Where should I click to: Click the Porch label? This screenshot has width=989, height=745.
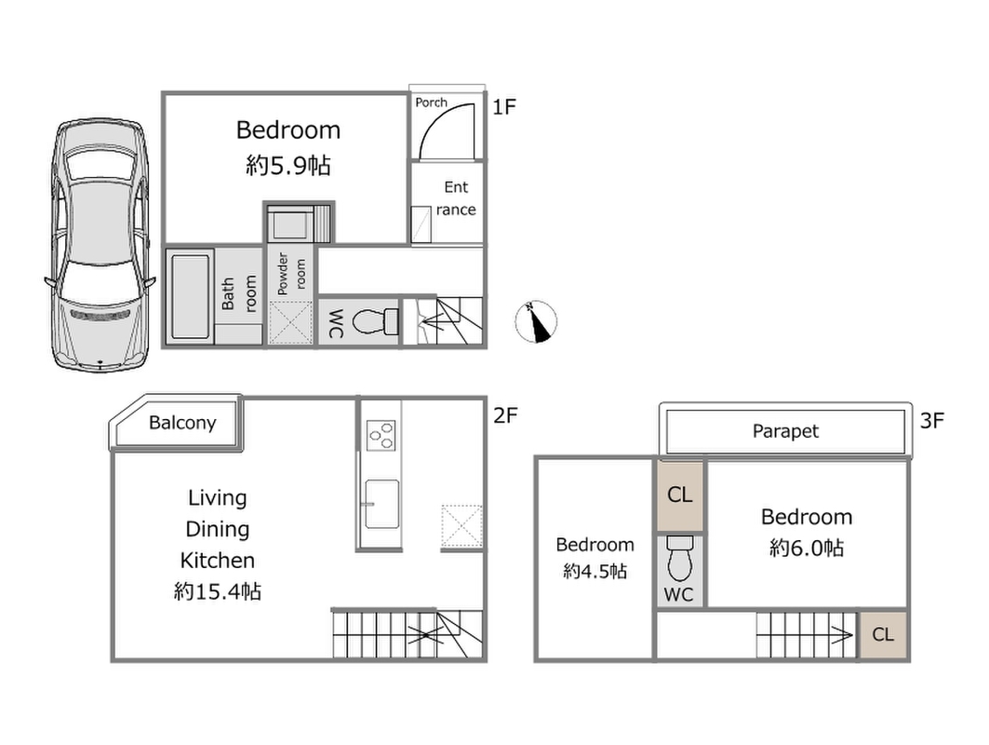coord(431,102)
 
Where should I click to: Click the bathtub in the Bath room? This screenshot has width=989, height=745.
coord(190,296)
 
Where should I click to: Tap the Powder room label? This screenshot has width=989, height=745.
coord(291,274)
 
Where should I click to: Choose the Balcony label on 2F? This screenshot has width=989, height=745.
coord(182,423)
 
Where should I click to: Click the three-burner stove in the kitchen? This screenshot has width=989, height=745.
coord(381,435)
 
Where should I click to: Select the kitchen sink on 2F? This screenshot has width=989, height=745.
coord(381,504)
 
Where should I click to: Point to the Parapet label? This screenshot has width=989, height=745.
coord(785,431)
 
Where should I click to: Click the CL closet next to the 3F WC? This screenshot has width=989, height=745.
coord(680,495)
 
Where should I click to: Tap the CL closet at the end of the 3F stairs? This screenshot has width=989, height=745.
coord(883,634)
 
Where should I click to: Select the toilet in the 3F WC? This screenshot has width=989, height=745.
coord(680,559)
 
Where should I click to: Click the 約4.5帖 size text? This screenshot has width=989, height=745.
coord(595,572)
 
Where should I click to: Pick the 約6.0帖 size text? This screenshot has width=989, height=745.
coord(807,548)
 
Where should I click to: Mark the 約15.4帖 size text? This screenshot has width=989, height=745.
coord(217,591)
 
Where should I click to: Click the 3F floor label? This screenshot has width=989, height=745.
coord(931,421)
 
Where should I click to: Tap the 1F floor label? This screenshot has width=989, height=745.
coord(504,107)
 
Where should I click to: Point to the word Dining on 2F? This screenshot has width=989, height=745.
coord(217,529)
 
